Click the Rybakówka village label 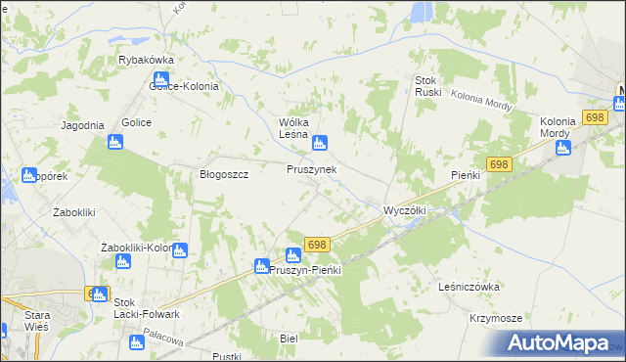coord(145,60)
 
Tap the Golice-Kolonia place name coord(184,85)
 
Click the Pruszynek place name coord(312,169)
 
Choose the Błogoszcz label coord(224,174)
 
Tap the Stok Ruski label coord(429,86)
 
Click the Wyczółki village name coord(403,210)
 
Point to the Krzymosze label coord(495,319)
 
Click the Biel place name coord(288,338)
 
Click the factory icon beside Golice coord(115,144)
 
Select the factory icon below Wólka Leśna coord(319,145)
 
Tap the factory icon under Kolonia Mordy coord(562,149)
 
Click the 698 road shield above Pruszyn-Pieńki coord(316,244)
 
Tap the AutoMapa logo coord(565,343)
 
